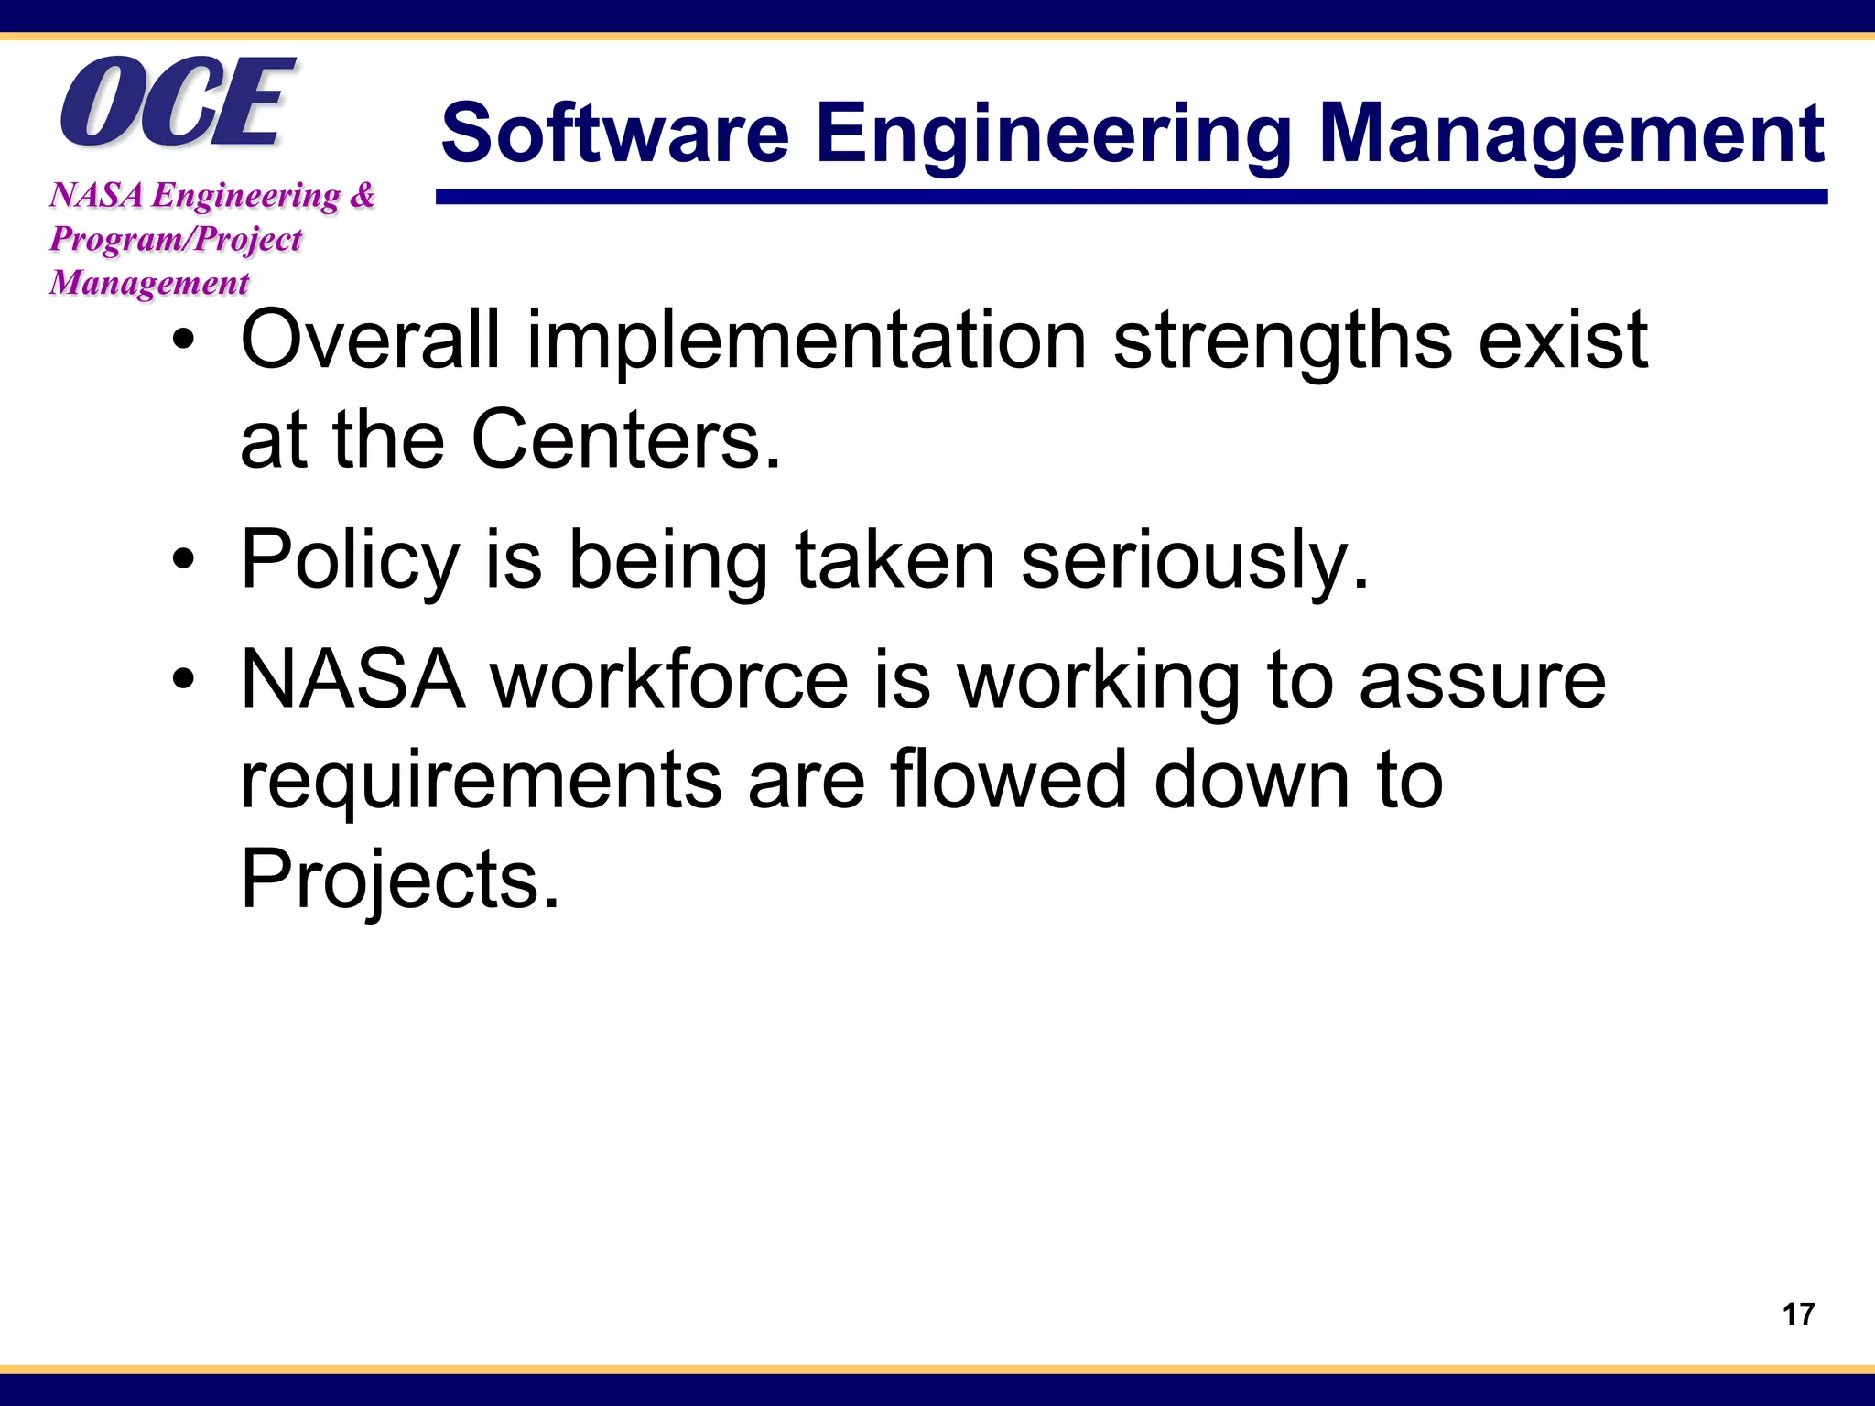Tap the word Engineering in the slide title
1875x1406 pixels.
point(1053,135)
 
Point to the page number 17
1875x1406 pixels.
point(1798,1314)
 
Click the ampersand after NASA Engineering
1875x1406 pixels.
point(363,195)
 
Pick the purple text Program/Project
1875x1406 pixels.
point(175,239)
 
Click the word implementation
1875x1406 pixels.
point(806,341)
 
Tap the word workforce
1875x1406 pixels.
point(670,679)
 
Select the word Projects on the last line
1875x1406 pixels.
point(399,880)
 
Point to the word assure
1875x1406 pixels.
point(1482,681)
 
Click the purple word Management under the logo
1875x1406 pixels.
point(148,283)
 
